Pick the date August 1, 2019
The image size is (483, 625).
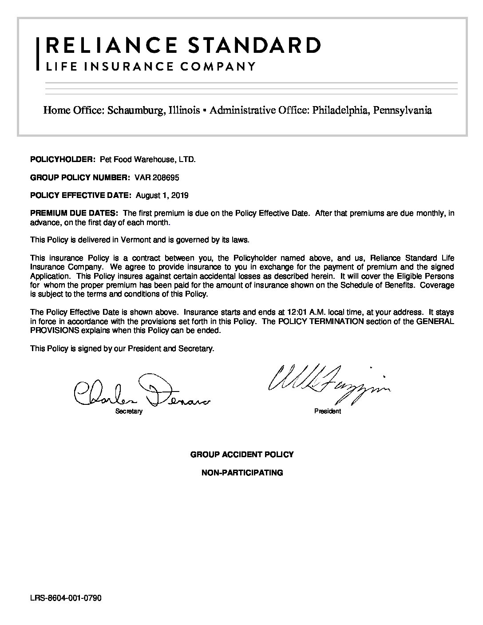(162, 195)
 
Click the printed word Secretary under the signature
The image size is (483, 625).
(129, 411)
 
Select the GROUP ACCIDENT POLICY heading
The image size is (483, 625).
(242, 455)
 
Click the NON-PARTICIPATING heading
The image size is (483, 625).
(242, 473)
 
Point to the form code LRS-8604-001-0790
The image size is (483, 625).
(66, 598)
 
